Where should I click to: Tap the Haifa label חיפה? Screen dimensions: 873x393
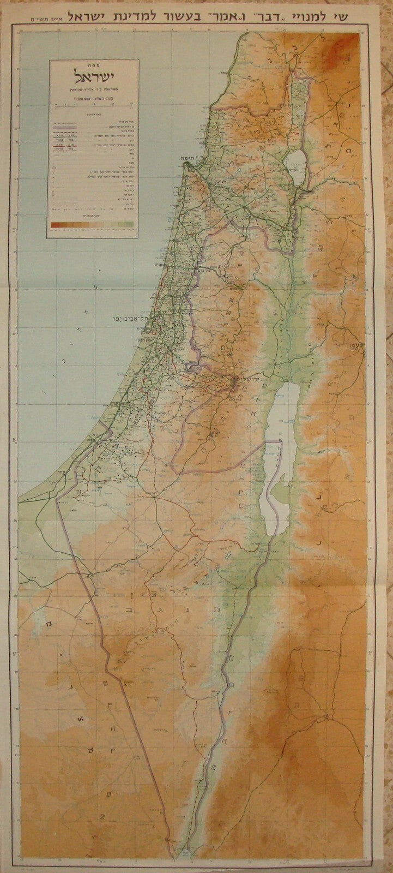[195, 154]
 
